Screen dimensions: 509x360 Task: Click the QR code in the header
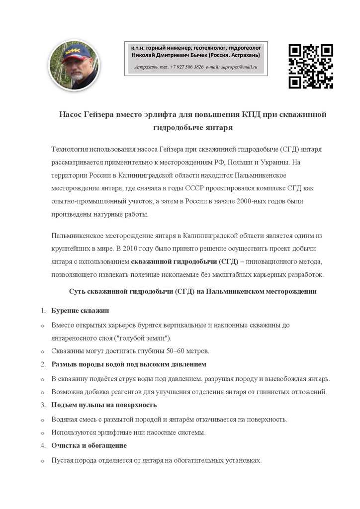click(x=311, y=66)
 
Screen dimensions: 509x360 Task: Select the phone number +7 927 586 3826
click(x=186, y=67)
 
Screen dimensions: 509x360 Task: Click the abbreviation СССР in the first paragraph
click(x=205, y=188)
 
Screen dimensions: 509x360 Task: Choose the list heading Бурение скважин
click(x=80, y=311)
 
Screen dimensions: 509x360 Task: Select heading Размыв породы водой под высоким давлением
click(x=129, y=364)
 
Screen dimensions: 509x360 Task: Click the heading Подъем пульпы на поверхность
click(x=104, y=405)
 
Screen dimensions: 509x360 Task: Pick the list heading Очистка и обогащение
click(x=89, y=445)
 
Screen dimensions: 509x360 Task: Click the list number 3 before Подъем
click(x=43, y=405)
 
